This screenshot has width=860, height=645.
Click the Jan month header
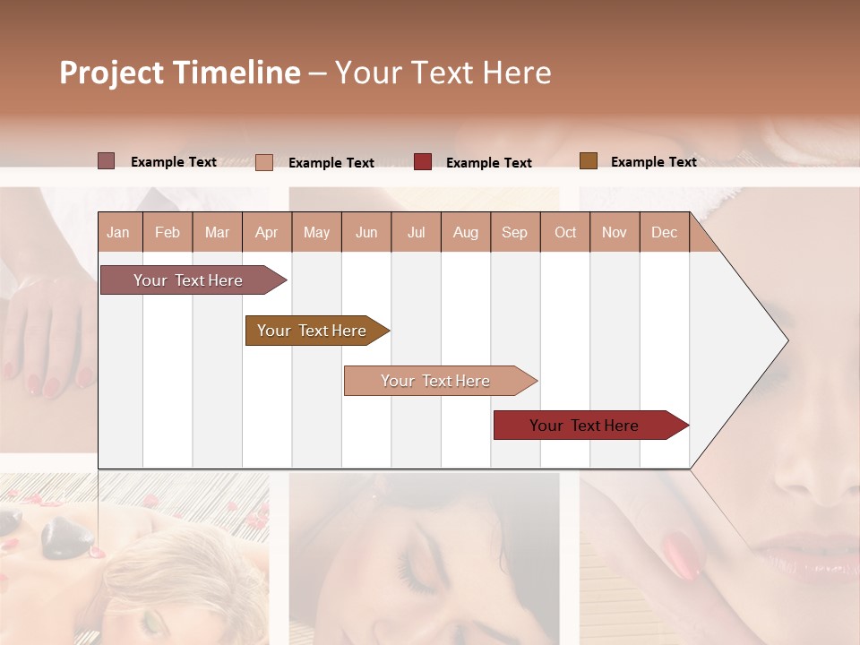118,232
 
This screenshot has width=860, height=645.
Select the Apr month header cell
267,232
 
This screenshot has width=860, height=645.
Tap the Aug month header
466,232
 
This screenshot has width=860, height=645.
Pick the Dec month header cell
665,232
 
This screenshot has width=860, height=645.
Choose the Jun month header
366,232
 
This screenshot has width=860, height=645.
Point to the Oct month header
565,232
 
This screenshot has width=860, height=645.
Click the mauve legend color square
106,161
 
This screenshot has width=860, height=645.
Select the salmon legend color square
263,162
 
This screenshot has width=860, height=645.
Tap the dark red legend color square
423,162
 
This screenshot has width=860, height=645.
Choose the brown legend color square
588,161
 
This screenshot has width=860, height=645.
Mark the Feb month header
168,232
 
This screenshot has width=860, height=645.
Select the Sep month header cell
515,232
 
